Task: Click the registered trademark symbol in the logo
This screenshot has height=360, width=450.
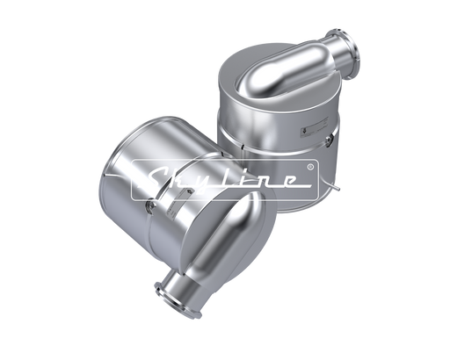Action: click(x=311, y=167)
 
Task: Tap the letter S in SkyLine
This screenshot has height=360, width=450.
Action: click(x=155, y=178)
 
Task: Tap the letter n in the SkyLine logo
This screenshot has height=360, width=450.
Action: click(x=267, y=181)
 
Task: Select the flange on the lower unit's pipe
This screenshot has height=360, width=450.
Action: click(x=178, y=301)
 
